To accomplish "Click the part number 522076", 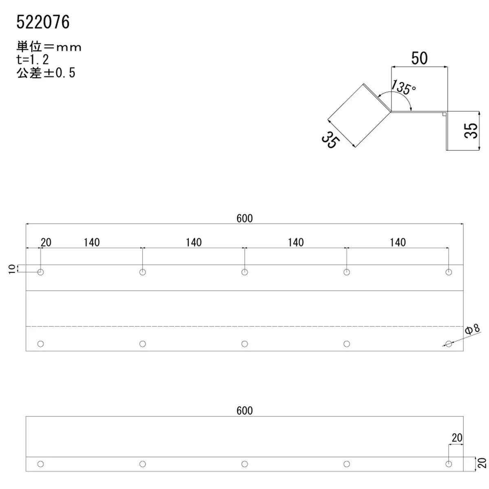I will point(43,22).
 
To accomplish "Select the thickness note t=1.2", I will point(33,59).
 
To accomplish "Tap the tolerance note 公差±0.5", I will point(46,73).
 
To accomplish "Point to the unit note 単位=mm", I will point(49,47).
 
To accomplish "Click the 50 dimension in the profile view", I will point(419,58).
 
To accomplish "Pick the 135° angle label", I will point(403,88).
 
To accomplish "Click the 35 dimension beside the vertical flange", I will point(471,130).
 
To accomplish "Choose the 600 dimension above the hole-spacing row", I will point(244,218).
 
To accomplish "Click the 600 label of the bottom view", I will point(244,410).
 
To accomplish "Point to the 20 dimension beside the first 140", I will point(46,242).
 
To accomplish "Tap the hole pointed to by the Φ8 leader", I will point(449,344).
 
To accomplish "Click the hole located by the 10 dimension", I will point(40,272).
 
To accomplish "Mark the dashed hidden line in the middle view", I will point(244,326).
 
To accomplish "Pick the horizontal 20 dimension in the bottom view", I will point(457,438).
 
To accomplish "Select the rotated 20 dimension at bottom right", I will point(482,463).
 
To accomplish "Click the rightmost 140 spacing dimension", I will point(398,242).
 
